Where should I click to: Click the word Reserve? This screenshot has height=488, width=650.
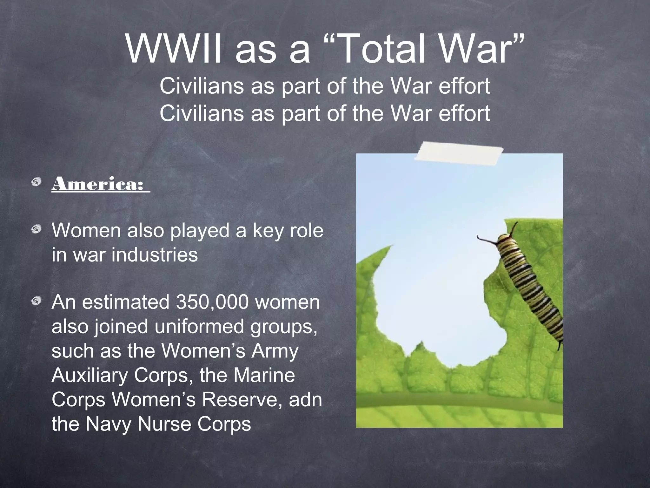pyautogui.click(x=242, y=399)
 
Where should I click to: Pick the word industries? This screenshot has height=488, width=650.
pyautogui.click(x=155, y=255)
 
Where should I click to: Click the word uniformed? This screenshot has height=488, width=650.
pyautogui.click(x=199, y=327)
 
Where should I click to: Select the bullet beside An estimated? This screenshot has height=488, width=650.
pyautogui.click(x=37, y=301)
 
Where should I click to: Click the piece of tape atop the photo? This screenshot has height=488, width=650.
pyautogui.click(x=458, y=154)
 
